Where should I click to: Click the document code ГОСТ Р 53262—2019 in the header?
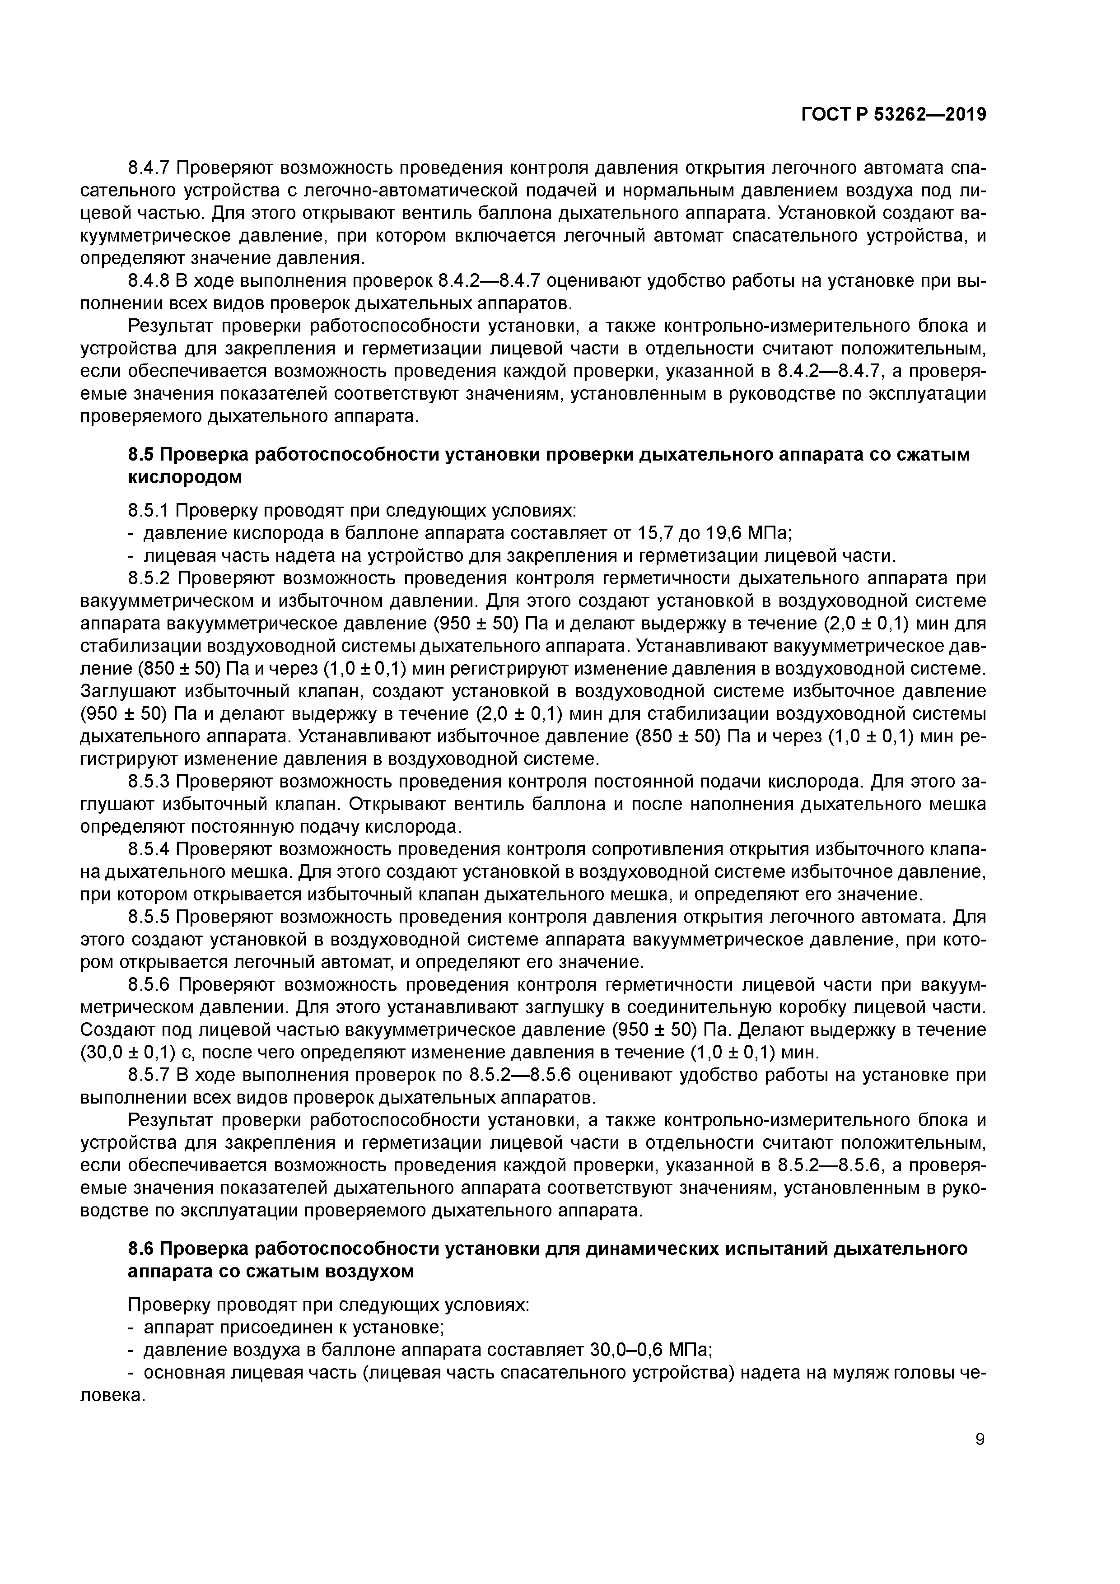tap(894, 115)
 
